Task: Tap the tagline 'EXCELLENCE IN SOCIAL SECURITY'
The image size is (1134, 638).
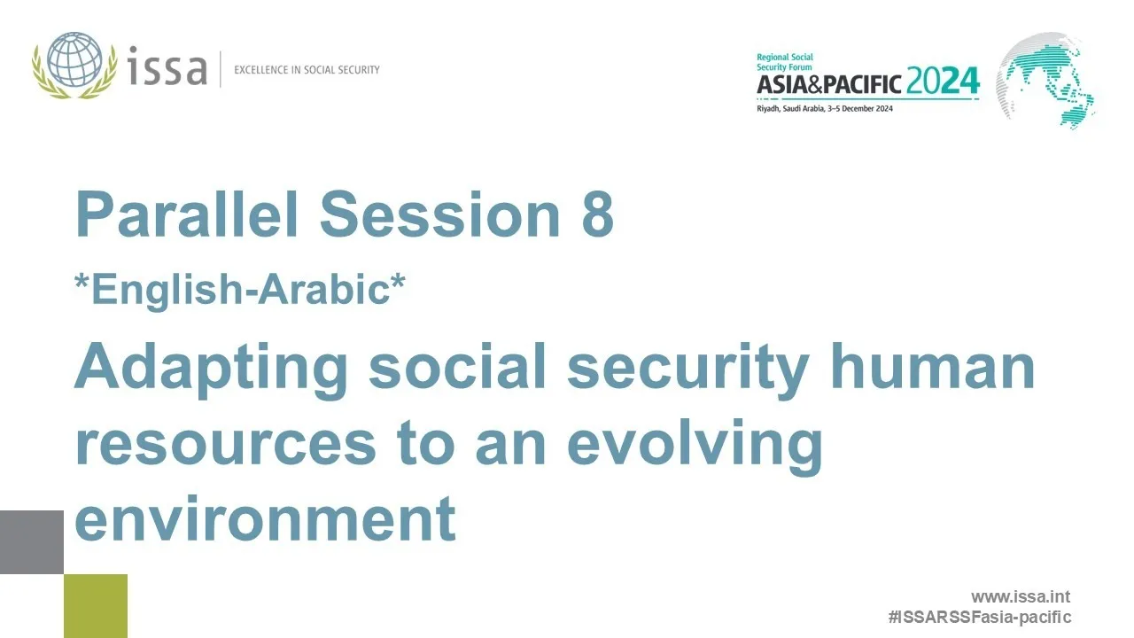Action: (307, 69)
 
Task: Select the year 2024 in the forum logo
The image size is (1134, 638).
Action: (943, 82)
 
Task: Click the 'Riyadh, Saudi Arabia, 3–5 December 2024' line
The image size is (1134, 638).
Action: (824, 108)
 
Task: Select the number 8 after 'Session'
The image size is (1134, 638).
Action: (597, 215)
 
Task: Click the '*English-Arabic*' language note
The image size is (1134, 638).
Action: (239, 290)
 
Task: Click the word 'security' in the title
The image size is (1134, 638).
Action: (687, 368)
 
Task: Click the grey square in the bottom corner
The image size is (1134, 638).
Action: (32, 541)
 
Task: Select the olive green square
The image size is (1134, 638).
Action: (96, 606)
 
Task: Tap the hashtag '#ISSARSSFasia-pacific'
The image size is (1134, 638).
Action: (979, 617)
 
